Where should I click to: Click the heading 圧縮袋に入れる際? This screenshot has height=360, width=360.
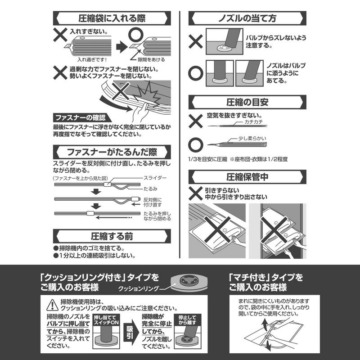click(x=112, y=18)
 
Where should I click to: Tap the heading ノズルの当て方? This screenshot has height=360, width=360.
click(x=247, y=18)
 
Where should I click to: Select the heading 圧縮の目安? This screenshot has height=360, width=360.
click(x=247, y=102)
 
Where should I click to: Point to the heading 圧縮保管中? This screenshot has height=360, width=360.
click(x=247, y=177)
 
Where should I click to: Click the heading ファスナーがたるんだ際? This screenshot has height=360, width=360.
click(x=112, y=152)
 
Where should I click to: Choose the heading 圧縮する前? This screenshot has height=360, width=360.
click(x=112, y=236)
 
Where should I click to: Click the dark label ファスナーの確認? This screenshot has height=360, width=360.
click(x=81, y=118)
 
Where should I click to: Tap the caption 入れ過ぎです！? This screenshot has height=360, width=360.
click(x=92, y=59)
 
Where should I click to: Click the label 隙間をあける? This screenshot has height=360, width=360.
click(x=151, y=59)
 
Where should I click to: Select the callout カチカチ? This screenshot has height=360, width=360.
click(x=253, y=121)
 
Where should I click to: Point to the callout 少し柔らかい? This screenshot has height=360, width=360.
click(x=252, y=138)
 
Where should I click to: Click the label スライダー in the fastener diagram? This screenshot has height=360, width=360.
click(x=155, y=178)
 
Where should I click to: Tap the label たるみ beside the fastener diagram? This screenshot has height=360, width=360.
click(x=150, y=189)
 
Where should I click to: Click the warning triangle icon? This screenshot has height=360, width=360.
click(x=52, y=306)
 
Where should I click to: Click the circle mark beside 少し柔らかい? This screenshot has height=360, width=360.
click(x=196, y=145)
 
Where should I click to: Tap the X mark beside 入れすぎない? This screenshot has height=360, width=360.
click(x=60, y=35)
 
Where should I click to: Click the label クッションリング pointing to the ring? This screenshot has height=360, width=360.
click(x=139, y=288)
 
